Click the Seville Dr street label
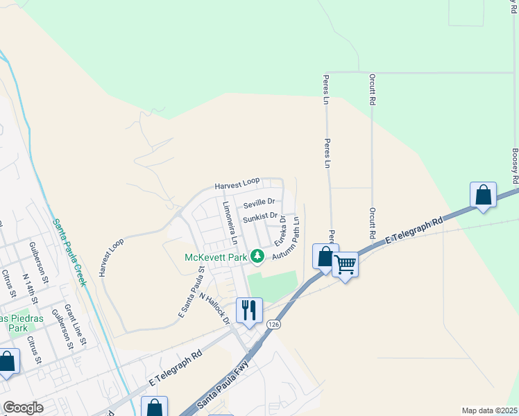click(259, 202)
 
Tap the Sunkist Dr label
click(260, 216)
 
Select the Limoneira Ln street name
click(230, 223)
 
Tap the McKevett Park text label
click(216, 257)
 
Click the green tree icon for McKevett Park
click(257, 257)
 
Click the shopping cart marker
click(345, 263)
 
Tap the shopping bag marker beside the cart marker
click(325, 257)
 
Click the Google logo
click(22, 408)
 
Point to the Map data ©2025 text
click(489, 410)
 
